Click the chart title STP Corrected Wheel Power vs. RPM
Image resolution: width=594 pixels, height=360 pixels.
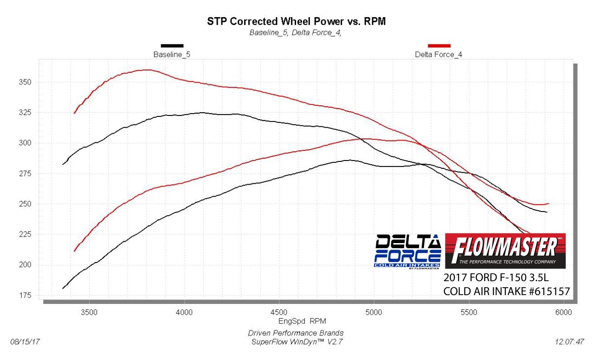[296, 21]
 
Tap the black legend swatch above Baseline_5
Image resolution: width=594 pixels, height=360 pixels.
[172, 45]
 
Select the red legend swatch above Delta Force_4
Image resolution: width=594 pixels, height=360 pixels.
[439, 45]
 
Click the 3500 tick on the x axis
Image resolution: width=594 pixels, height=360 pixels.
[89, 312]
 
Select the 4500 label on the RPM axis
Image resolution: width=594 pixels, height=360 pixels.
[279, 312]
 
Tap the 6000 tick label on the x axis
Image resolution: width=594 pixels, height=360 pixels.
[563, 312]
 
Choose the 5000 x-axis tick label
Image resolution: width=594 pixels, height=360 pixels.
[374, 312]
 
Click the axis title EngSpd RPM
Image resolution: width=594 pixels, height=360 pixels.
[296, 321]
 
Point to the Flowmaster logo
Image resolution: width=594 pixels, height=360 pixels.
[505, 251]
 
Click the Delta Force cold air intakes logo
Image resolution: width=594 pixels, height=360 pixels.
[407, 251]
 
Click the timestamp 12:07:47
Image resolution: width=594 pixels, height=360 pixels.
[569, 341]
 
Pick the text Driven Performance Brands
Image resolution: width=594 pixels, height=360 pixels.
[296, 333]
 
